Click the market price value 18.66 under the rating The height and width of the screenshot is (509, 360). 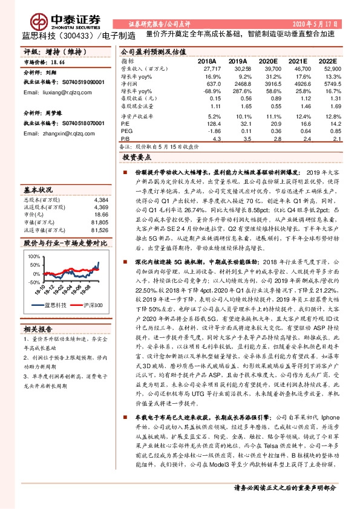(58, 62)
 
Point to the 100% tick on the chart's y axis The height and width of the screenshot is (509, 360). (31, 256)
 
